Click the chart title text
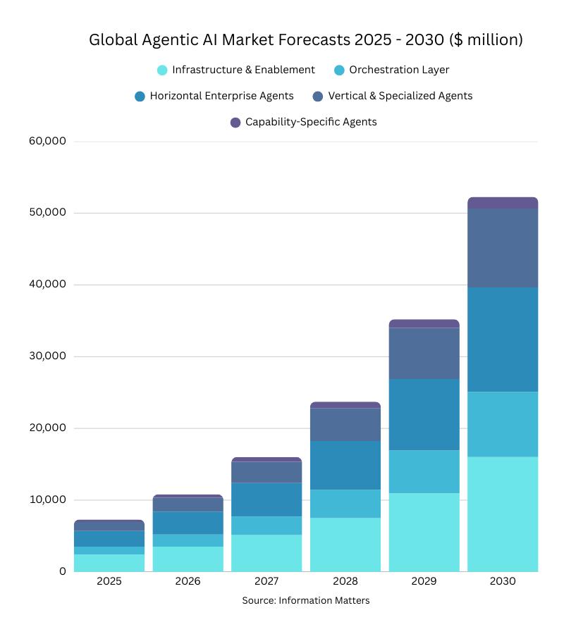point(305,40)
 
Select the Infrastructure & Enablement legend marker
point(162,70)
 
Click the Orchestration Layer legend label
point(399,70)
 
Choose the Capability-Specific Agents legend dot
point(235,123)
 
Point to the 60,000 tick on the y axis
point(47,141)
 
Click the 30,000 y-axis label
point(47,356)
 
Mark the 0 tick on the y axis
point(62,571)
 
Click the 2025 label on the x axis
point(109,582)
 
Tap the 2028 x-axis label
point(345,582)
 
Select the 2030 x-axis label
point(502,582)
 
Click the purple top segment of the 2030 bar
point(502,203)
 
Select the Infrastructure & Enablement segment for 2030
point(502,514)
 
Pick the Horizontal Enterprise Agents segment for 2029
point(424,415)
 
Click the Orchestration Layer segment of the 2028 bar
point(345,504)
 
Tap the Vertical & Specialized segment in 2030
point(502,248)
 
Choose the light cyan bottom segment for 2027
point(266,553)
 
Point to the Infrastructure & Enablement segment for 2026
point(188,559)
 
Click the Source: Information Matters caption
point(305,601)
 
